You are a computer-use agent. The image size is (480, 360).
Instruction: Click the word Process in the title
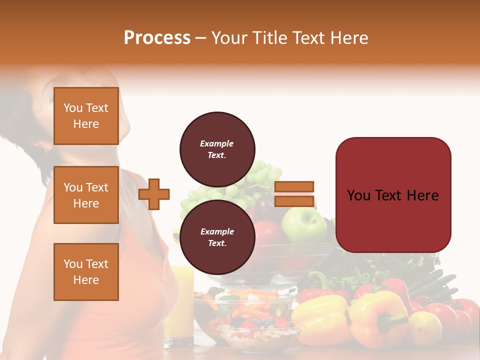157,38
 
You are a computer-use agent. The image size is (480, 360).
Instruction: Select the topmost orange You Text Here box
86,116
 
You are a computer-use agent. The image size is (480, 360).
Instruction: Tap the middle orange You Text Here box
86,195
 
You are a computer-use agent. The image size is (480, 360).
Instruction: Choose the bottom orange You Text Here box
86,271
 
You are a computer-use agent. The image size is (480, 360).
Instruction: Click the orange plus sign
154,194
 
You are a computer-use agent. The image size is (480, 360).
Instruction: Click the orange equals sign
294,194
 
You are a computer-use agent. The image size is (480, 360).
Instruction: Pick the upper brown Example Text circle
217,149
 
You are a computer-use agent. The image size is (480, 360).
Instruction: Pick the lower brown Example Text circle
217,237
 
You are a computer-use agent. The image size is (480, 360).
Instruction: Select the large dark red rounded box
393,195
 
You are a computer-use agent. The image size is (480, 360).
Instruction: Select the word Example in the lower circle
217,231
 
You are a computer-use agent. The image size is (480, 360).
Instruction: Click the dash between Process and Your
200,38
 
